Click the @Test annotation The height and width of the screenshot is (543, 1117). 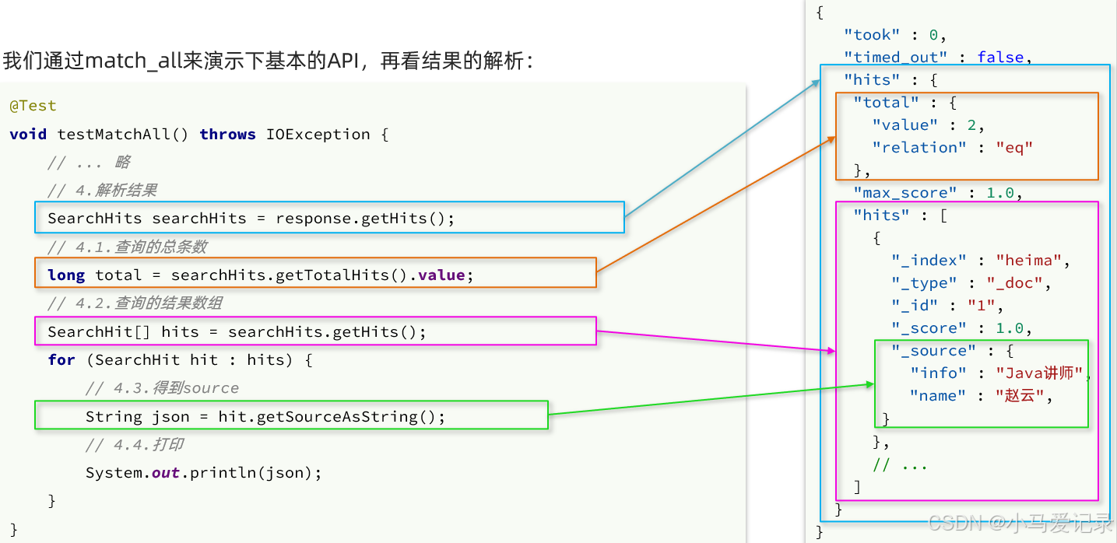click(33, 106)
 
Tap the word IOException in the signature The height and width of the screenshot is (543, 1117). click(318, 135)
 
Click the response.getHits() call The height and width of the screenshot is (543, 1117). click(364, 219)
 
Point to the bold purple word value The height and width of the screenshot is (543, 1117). click(441, 275)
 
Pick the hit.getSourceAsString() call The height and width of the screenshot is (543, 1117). click(332, 417)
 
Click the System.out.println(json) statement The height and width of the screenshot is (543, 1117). click(203, 473)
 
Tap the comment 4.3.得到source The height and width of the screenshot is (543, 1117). click(162, 388)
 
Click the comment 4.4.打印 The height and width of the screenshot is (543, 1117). click(134, 445)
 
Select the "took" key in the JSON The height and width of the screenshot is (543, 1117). click(872, 35)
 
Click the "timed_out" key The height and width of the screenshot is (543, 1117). click(896, 58)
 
